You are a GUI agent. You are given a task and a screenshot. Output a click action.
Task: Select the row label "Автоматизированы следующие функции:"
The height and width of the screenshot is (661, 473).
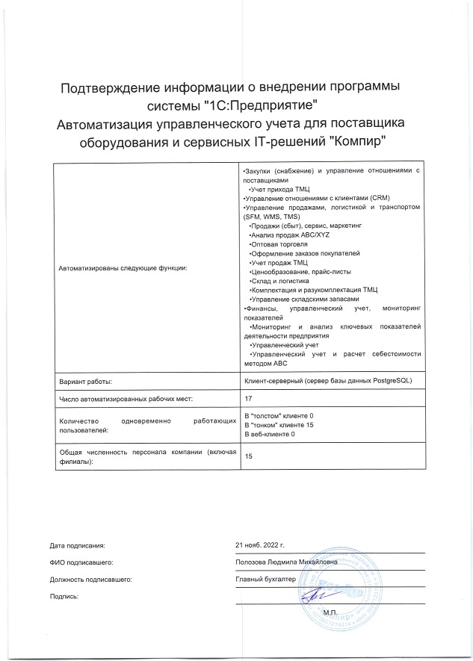[123, 267]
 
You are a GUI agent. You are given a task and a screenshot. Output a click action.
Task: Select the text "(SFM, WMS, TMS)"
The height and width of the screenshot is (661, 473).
[266, 216]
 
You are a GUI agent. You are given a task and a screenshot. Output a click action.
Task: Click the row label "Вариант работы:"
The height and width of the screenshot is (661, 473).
[85, 382]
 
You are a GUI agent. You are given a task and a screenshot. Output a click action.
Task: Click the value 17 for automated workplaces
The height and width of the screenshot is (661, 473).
[249, 400]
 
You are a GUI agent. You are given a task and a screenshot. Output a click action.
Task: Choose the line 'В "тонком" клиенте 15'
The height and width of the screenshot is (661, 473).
[279, 424]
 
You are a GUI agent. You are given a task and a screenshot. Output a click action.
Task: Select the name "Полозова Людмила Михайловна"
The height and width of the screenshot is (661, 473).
[286, 562]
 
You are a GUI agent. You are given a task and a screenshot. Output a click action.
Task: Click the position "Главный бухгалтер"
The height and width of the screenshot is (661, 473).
[265, 579]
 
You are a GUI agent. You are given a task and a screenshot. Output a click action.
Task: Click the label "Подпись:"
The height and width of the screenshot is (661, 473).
[64, 596]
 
